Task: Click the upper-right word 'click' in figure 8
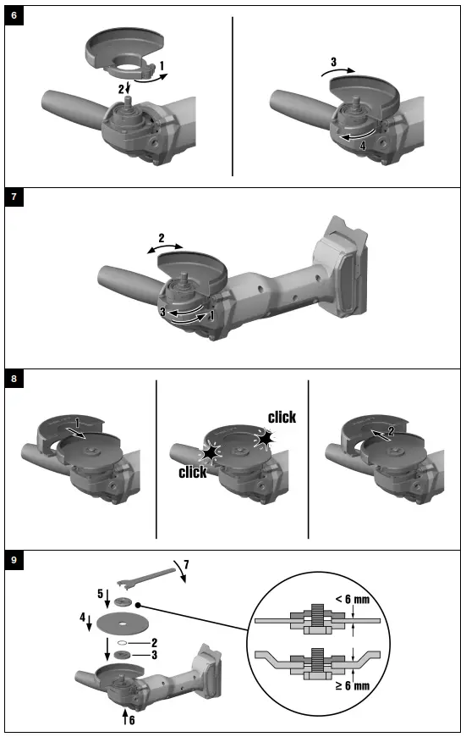[x=282, y=418]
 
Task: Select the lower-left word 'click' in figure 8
[x=192, y=473]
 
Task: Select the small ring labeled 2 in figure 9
[x=123, y=642]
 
